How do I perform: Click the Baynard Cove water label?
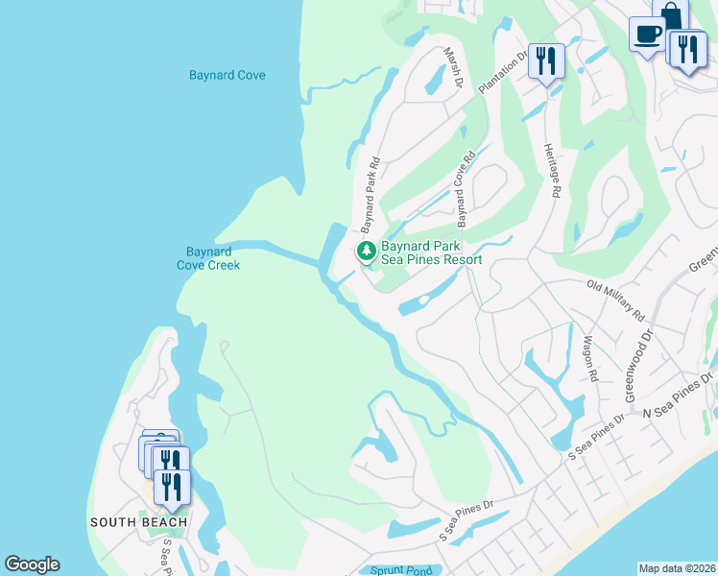click(x=227, y=75)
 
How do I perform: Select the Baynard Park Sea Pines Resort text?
click(x=431, y=252)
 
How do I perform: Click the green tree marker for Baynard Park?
click(x=366, y=252)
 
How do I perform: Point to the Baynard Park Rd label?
click(x=370, y=196)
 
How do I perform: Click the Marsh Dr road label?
click(x=453, y=70)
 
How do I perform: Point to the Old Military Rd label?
click(x=615, y=300)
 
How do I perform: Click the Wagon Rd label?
click(x=590, y=358)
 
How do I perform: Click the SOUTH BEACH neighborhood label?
click(x=138, y=522)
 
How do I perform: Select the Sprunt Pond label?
click(x=403, y=570)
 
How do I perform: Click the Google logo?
click(x=32, y=564)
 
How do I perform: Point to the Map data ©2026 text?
click(x=677, y=568)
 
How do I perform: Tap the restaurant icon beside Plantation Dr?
click(x=546, y=61)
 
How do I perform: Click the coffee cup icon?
click(x=648, y=33)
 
